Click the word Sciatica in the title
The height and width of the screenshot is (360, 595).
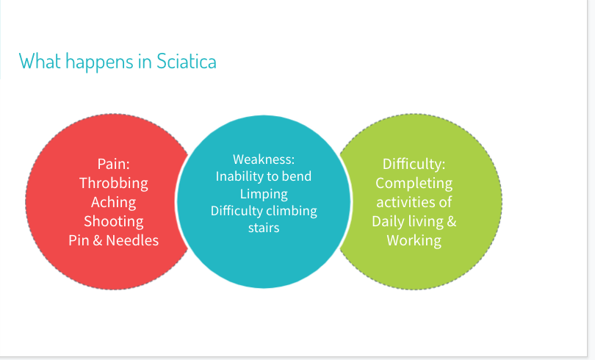pyautogui.click(x=187, y=61)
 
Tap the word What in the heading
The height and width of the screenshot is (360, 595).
pyautogui.click(x=40, y=61)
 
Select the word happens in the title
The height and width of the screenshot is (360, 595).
pyautogui.click(x=99, y=62)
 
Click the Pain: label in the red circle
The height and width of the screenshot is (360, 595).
pyautogui.click(x=113, y=164)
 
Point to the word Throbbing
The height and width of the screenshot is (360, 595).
pyautogui.click(x=113, y=183)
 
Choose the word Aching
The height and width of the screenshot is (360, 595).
pyautogui.click(x=113, y=202)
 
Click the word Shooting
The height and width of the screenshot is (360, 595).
pyautogui.click(x=113, y=221)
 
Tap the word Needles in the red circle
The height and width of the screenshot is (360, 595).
pyautogui.click(x=132, y=240)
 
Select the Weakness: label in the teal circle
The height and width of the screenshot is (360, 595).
pyautogui.click(x=264, y=159)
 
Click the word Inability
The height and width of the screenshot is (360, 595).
pyautogui.click(x=237, y=176)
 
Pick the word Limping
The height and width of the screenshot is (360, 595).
pyautogui.click(x=264, y=194)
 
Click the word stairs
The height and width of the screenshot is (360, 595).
pyautogui.click(x=264, y=228)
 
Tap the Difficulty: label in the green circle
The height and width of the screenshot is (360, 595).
pyautogui.click(x=414, y=165)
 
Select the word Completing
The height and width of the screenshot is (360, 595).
pyautogui.click(x=414, y=183)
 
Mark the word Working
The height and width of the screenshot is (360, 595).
pyautogui.click(x=414, y=240)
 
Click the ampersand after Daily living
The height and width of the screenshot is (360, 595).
pyautogui.click(x=452, y=221)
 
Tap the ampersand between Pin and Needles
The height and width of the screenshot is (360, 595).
pyautogui.click(x=98, y=240)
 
